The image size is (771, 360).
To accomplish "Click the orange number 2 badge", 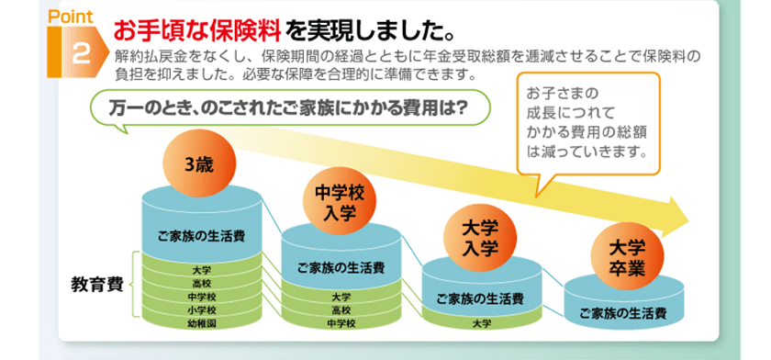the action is pos(78,52).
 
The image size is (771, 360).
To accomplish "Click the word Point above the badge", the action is pos(71,17).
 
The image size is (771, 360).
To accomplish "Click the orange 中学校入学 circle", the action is pos(340,204).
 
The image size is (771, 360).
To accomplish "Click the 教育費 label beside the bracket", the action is pos(97,286).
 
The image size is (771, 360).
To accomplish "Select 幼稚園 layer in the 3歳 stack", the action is pos(202,323).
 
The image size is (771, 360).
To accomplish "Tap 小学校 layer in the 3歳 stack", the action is pos(202,310).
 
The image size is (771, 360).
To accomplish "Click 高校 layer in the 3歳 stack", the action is pos(202,283).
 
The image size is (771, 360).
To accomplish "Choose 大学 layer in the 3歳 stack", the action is pos(202,270).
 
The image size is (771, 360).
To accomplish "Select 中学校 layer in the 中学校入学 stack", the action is pos(341,323).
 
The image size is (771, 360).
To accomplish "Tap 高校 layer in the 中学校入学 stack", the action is pos(341,310).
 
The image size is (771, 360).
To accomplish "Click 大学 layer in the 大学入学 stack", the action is pos(481,323).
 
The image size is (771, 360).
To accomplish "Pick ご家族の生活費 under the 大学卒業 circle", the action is pos(623,313).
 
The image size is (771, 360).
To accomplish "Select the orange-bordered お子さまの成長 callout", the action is pos(588,123).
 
